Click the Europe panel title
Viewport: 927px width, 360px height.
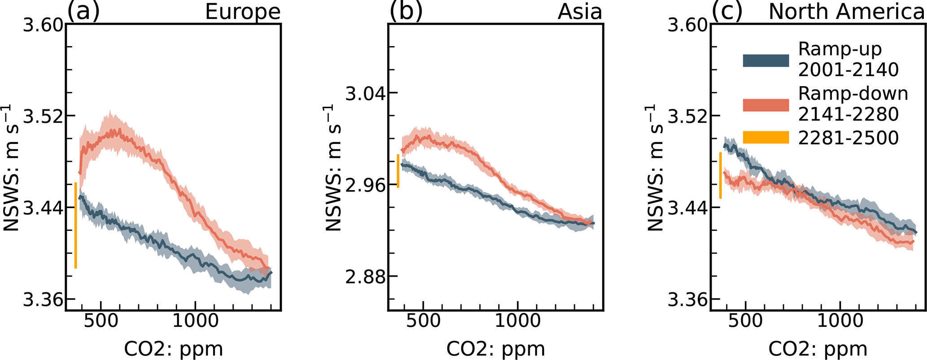point(243,12)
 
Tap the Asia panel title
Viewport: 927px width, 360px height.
point(580,12)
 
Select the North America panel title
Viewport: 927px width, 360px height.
point(846,12)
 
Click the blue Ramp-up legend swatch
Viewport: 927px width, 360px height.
point(766,61)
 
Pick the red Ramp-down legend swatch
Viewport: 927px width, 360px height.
point(766,105)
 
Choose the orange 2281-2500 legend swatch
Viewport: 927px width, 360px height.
point(766,137)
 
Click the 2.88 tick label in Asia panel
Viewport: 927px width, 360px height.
point(362,277)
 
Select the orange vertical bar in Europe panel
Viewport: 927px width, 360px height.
point(75,225)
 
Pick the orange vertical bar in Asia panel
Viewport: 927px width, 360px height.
point(398,171)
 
